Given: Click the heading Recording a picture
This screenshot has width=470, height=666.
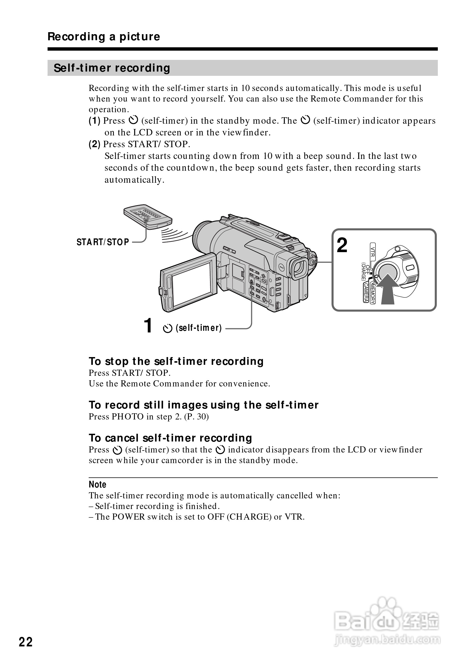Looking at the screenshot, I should click(104, 37).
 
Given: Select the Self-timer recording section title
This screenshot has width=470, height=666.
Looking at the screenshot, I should click(112, 68).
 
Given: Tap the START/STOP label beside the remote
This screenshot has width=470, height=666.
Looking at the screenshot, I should click(103, 242).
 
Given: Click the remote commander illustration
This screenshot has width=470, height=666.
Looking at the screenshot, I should click(148, 217).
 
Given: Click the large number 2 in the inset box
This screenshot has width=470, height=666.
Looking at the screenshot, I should click(342, 245).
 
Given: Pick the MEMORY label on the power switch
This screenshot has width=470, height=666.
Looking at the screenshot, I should click(373, 293).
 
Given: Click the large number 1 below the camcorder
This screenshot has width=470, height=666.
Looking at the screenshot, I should click(148, 325).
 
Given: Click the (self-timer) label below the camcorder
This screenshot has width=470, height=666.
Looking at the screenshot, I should click(198, 328).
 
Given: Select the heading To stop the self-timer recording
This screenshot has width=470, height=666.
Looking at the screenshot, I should click(176, 362).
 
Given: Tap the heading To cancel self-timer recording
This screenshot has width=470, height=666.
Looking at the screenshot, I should click(170, 438).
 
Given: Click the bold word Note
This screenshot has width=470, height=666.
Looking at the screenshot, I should click(97, 485).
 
